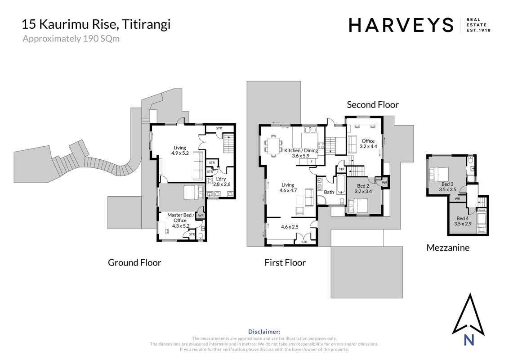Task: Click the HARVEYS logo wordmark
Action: coord(401,25)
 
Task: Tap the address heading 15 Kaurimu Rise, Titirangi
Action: coord(96,24)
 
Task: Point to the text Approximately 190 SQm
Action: coord(71,39)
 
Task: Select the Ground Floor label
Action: coord(134,262)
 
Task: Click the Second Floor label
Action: coord(373,104)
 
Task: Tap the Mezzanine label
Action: coord(448,247)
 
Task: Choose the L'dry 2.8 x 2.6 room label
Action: coord(222,182)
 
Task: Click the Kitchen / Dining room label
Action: coord(301,150)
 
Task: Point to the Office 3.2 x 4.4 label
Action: coord(368,144)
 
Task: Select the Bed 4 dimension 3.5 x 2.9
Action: coord(463,224)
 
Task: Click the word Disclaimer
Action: coord(264,332)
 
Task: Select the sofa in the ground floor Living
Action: coord(197,166)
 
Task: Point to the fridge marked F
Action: coord(312,162)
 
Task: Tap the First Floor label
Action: coord(285,262)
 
